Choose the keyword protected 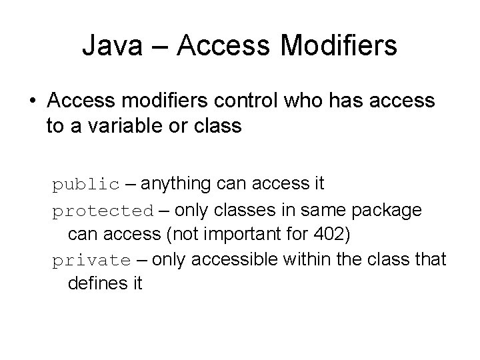(103, 211)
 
